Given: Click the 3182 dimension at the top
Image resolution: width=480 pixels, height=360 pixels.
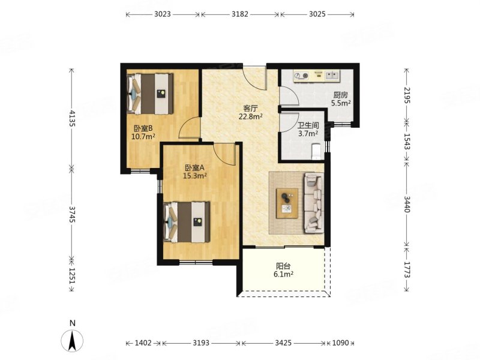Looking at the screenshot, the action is (239, 14).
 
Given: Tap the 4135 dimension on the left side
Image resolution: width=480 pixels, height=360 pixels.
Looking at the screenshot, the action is (72, 118).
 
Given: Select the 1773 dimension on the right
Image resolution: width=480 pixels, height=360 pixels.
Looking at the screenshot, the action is (407, 269).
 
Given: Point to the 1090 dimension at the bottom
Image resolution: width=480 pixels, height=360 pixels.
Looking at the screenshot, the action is (340, 343).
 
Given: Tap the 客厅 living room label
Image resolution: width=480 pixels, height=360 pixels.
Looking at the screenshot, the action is (250, 109).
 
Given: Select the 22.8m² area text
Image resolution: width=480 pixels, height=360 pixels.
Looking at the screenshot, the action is (251, 116).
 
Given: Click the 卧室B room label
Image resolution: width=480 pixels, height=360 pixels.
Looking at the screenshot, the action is (143, 128).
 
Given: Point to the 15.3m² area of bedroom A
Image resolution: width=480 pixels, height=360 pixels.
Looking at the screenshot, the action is (194, 176).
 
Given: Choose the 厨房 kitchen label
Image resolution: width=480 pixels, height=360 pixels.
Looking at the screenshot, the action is (340, 95).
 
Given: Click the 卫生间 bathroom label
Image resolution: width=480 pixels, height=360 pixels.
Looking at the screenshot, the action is (308, 125).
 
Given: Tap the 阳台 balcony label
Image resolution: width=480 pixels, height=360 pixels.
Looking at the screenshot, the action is (283, 266).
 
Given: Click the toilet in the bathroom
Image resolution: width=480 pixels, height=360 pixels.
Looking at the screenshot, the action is (316, 152).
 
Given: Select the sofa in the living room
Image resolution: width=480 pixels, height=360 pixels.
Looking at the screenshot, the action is (313, 202).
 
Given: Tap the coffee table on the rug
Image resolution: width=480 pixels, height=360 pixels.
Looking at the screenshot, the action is (287, 203).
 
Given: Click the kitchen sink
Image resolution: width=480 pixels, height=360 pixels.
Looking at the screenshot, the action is (332, 76).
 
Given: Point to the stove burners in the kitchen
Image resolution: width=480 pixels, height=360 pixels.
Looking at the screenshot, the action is (302, 76).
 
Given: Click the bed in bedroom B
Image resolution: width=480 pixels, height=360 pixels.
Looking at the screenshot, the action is (150, 94).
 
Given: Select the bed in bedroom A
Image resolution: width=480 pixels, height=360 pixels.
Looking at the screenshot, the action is (187, 222).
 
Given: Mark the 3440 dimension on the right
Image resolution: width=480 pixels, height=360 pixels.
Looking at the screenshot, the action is (407, 204).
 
